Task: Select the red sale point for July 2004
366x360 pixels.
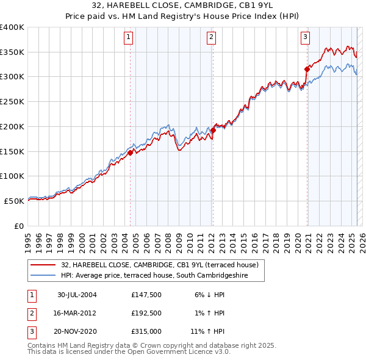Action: [x=131, y=153]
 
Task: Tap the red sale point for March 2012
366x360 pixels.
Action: [x=213, y=131]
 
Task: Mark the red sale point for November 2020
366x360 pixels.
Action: [x=307, y=70]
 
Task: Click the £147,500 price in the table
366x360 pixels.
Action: [x=145, y=294]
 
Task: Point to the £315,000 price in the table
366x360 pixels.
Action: [x=145, y=333]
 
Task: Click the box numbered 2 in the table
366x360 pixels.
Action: [x=30, y=314]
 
